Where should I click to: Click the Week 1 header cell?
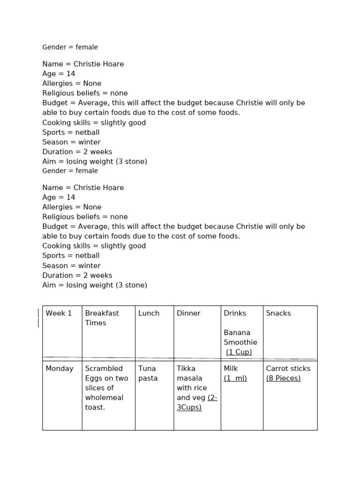59,313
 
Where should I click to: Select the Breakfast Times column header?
102,318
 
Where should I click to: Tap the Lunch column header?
149,313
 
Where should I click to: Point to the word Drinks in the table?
235,313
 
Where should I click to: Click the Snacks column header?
278,313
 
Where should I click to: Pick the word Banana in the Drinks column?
237,332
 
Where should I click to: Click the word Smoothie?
240,342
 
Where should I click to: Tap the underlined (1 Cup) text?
239,352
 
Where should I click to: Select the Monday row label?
60,368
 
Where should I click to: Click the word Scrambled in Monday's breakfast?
104,368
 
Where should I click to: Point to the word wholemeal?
104,397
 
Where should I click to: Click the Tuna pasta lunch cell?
148,373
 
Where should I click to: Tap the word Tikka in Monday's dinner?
186,368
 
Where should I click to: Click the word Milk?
231,368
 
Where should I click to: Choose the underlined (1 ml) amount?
235,378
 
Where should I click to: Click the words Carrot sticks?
288,368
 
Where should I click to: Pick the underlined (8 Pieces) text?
283,378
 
